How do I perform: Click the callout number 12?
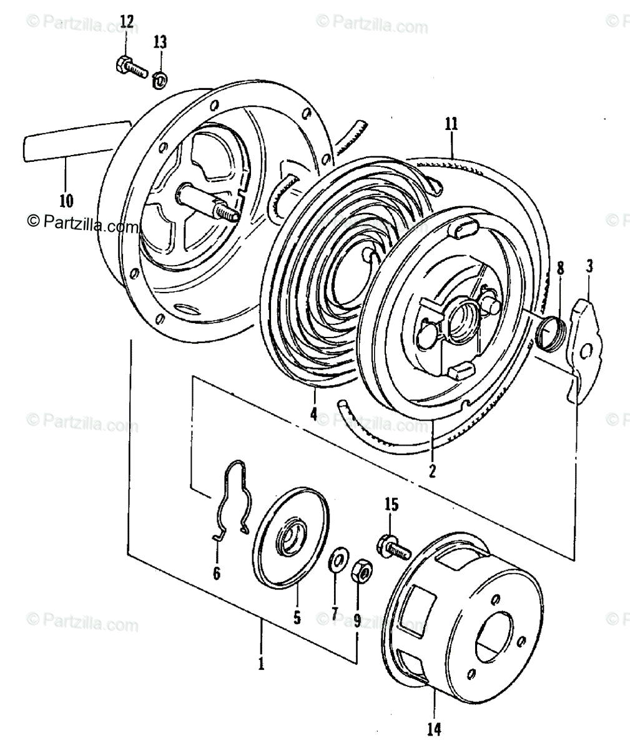pos(127,22)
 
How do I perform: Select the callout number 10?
pos(66,201)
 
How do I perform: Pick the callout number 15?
pos(391,504)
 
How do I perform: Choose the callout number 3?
pos(589,267)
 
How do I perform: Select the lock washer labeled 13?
pos(160,79)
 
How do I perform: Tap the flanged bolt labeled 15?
pos(392,546)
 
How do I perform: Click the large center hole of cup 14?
pos(498,637)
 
